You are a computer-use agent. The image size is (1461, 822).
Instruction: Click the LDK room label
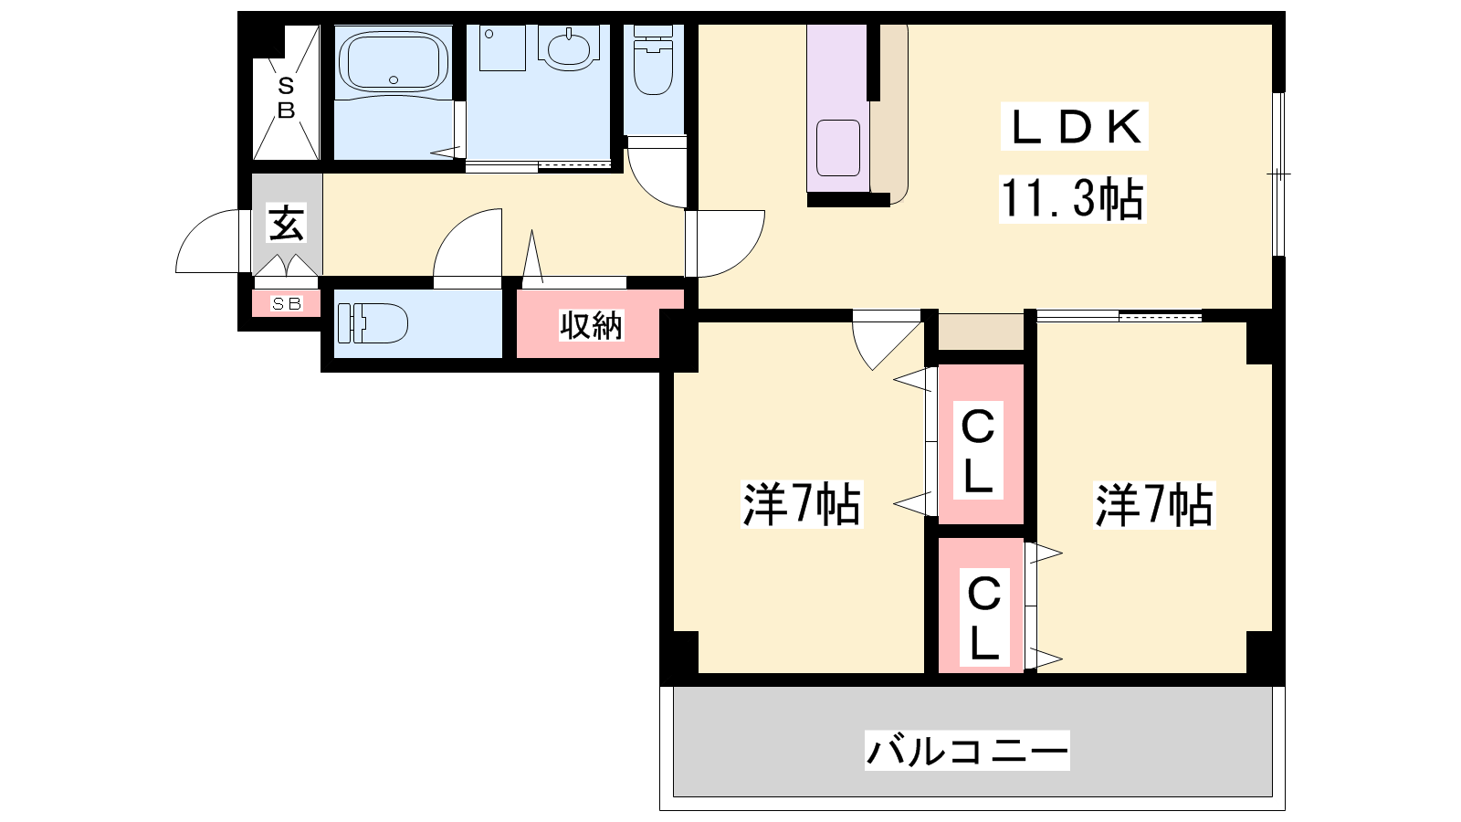pyautogui.click(x=1074, y=127)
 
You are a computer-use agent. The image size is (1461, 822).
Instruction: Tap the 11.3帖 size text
pyautogui.click(x=1072, y=199)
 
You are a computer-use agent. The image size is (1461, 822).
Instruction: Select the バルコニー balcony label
pyautogui.click(x=967, y=750)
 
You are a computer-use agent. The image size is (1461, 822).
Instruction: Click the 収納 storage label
pyautogui.click(x=591, y=324)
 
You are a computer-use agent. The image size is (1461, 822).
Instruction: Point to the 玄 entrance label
pyautogui.click(x=287, y=223)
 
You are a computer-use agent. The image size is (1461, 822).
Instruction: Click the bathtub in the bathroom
pyautogui.click(x=393, y=62)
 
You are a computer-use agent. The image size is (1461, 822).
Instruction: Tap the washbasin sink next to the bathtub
pyautogui.click(x=568, y=47)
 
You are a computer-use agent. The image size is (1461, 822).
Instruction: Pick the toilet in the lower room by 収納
pyautogui.click(x=373, y=323)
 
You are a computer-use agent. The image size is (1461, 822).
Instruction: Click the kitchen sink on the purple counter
pyautogui.click(x=838, y=148)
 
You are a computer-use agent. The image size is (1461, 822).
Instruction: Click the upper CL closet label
pyautogui.click(x=977, y=451)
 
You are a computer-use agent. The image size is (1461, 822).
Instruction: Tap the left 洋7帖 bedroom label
pyautogui.click(x=802, y=504)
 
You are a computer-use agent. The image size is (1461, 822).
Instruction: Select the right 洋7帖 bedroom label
pyautogui.click(x=1154, y=504)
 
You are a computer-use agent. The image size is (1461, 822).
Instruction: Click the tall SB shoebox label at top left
pyautogui.click(x=286, y=98)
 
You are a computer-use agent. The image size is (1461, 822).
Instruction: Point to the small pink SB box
pyautogui.click(x=287, y=303)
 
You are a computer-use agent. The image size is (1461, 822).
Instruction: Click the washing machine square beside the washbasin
pyautogui.click(x=503, y=47)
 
